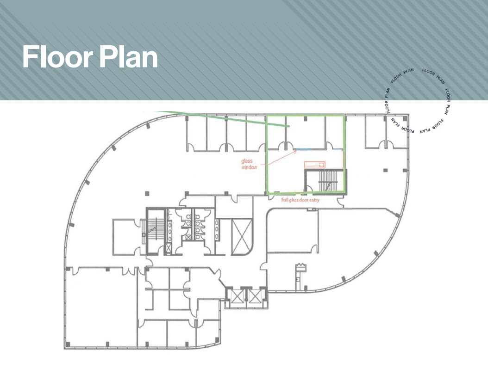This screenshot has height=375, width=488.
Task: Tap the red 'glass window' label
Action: tap(249, 164)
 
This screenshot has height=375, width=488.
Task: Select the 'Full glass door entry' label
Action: tap(300, 200)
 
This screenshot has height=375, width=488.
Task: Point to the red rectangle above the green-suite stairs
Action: tap(315, 164)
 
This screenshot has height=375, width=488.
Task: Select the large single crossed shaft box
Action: tap(241, 236)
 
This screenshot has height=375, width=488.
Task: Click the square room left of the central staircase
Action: tap(125, 235)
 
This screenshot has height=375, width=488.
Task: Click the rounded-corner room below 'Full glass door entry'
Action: tap(292, 231)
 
